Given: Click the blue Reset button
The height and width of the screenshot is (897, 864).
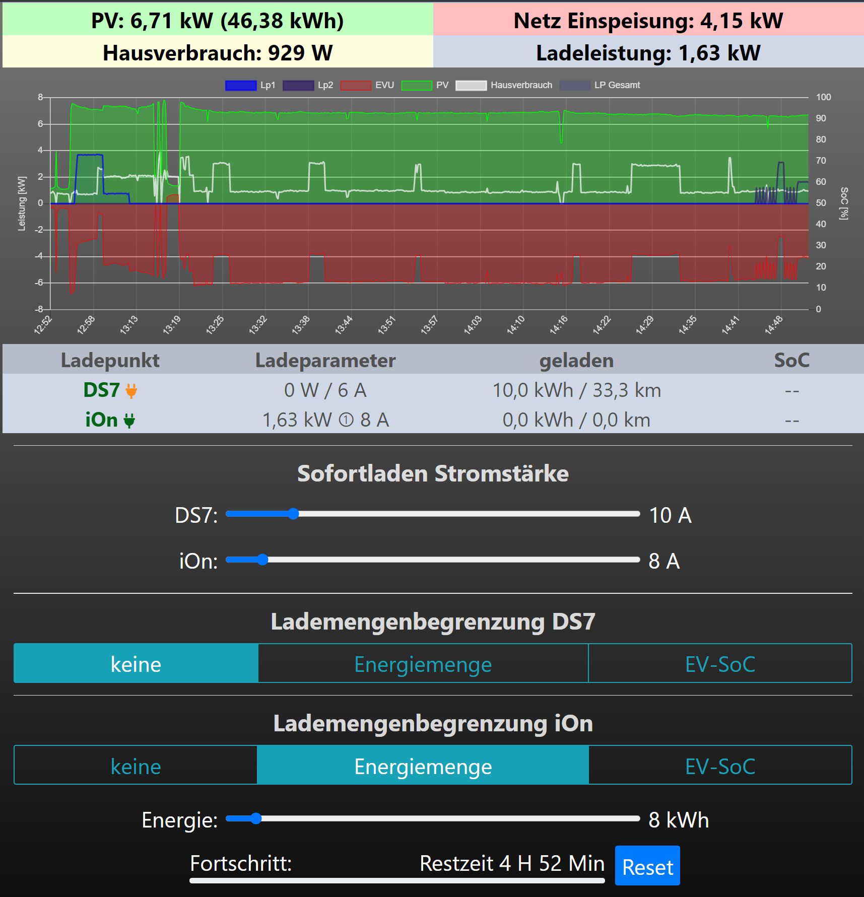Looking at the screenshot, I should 647,866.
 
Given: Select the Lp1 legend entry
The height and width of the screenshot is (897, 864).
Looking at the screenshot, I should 250,85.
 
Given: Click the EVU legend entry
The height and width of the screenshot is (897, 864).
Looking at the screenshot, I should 367,85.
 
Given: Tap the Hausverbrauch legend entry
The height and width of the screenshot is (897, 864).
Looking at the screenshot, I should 504,85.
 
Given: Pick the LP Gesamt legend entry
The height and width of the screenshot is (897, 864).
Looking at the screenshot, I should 600,85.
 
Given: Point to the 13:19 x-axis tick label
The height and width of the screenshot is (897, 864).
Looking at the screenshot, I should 171,325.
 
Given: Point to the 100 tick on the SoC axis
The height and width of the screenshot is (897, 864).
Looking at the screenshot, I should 823,97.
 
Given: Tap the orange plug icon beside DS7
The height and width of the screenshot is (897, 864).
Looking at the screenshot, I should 131,391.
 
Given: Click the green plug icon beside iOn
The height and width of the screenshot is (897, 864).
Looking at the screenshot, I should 129,421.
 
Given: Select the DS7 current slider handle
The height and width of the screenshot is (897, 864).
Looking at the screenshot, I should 293,514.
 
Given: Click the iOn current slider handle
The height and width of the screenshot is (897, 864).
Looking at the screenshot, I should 262,560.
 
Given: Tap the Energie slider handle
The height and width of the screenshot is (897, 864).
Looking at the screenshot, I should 256,818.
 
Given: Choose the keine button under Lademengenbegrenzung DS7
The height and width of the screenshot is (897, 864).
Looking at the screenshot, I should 136,664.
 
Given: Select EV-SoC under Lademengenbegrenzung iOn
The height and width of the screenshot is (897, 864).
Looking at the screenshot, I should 720,766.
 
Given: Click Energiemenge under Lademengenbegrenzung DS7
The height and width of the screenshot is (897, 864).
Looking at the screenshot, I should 423,664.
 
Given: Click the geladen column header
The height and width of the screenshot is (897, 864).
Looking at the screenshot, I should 576,360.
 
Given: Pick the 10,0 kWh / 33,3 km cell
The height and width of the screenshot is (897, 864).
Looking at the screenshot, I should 576,390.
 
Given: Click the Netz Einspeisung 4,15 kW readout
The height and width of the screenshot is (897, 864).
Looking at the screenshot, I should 648,21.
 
